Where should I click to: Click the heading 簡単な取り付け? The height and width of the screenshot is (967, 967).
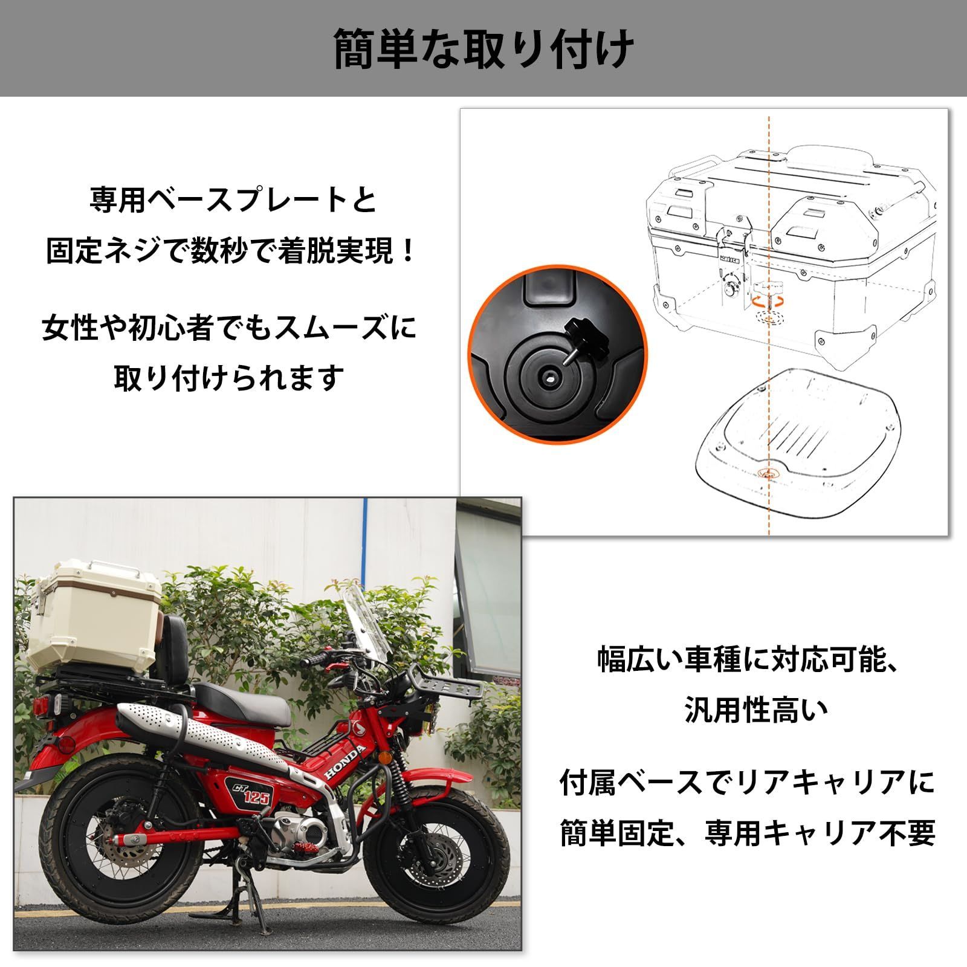point(483,48)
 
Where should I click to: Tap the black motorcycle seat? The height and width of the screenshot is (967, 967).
point(242,701)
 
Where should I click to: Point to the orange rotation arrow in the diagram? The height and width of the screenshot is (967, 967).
point(768,300)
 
